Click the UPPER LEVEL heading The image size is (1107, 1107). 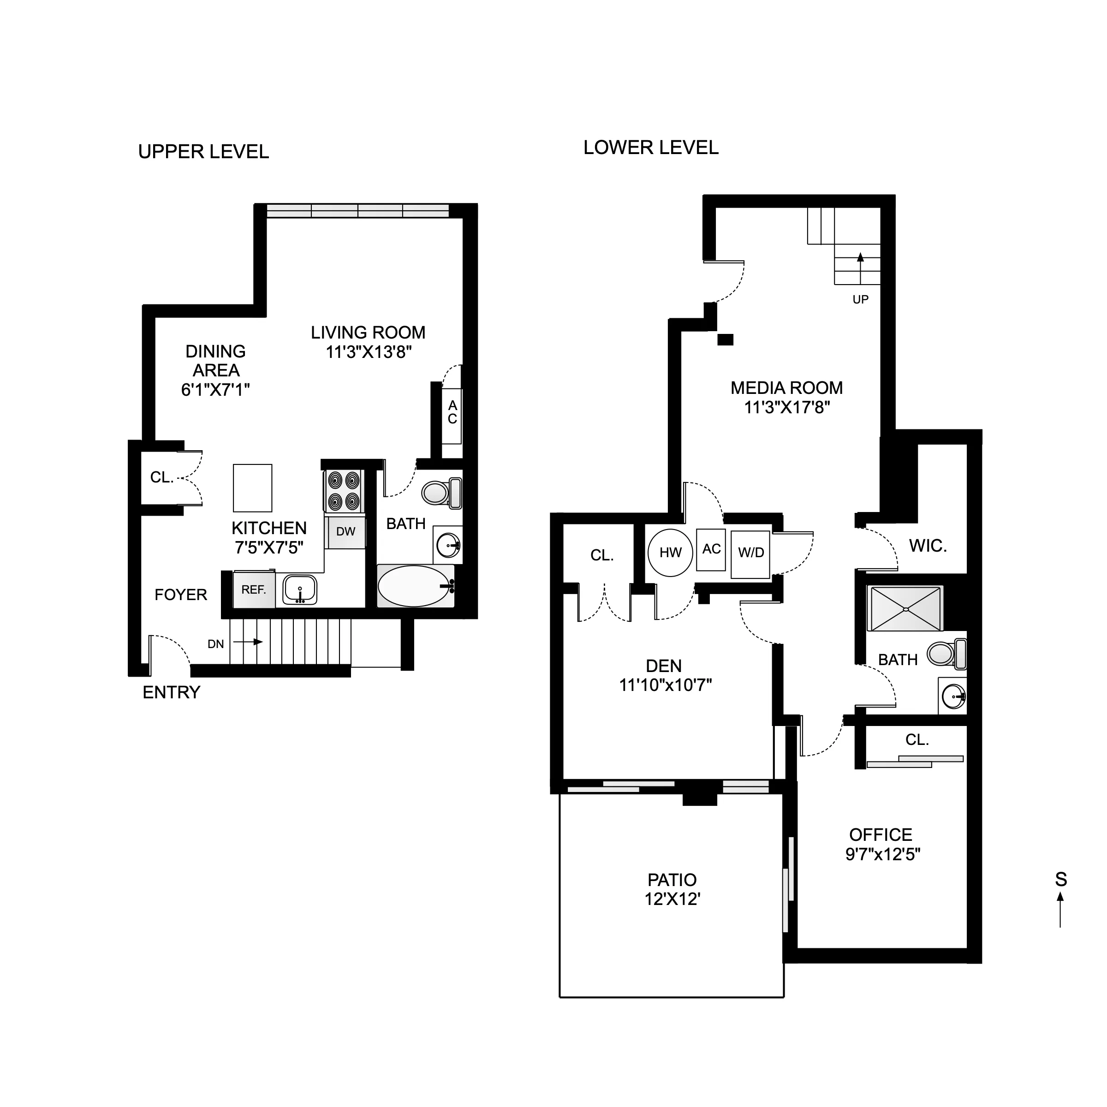click(203, 152)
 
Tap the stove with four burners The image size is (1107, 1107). click(343, 492)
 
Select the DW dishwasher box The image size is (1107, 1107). click(345, 532)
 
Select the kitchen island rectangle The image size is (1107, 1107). click(252, 488)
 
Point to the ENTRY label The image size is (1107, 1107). click(171, 693)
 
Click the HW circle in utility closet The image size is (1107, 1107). click(670, 553)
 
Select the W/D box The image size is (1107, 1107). click(750, 553)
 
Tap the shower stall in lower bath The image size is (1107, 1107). click(905, 608)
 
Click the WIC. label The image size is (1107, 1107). click(928, 547)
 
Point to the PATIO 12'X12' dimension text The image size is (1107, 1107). click(672, 899)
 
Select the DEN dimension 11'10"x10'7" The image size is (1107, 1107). click(665, 685)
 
